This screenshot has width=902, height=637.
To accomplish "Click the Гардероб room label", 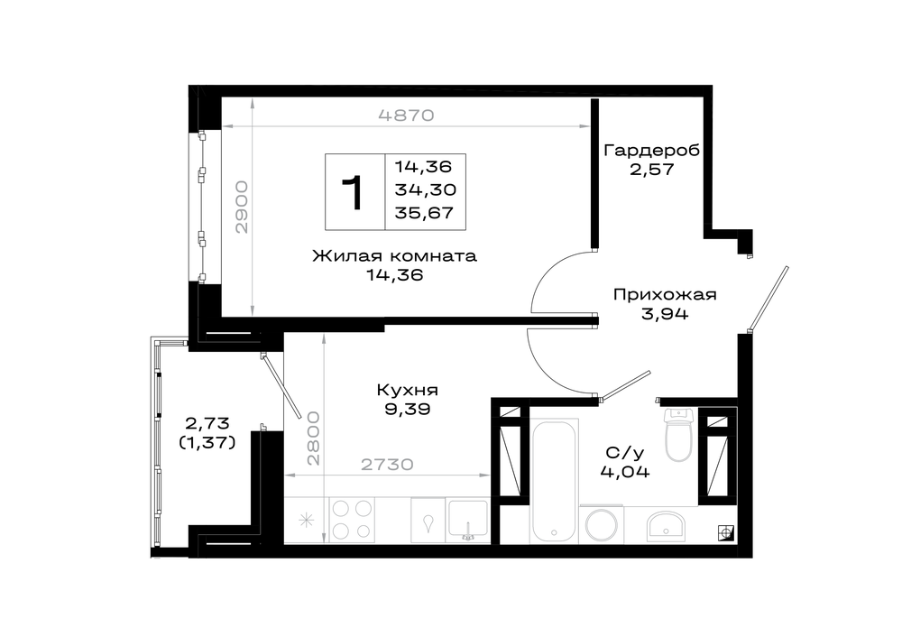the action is [652, 151].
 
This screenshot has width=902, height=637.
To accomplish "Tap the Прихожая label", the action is [665, 295].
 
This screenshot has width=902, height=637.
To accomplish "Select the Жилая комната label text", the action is [395, 255].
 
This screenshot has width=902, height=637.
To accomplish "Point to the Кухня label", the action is [408, 390].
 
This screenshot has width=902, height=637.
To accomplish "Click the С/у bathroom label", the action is [625, 453].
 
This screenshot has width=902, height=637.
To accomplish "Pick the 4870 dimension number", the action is [406, 115].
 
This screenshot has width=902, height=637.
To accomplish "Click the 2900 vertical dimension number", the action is [242, 207].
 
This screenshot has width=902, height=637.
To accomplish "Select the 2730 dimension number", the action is [387, 464].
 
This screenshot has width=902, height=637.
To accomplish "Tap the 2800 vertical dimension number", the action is [313, 438].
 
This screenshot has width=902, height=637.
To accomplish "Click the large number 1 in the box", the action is [354, 193].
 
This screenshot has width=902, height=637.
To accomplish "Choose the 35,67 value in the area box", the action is [424, 213].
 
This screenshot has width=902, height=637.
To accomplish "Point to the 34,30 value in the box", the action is [425, 189].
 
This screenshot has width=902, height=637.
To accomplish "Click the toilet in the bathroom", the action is [679, 435].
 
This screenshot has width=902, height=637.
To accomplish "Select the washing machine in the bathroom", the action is [602, 524].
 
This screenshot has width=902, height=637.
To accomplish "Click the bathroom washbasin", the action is [666, 524].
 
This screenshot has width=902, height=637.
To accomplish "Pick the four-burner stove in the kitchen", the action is [351, 521].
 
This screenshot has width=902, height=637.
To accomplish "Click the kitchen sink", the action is [467, 521].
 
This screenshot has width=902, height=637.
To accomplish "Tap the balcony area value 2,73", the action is [207, 423].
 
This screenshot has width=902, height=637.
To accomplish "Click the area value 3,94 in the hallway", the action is [665, 314].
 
